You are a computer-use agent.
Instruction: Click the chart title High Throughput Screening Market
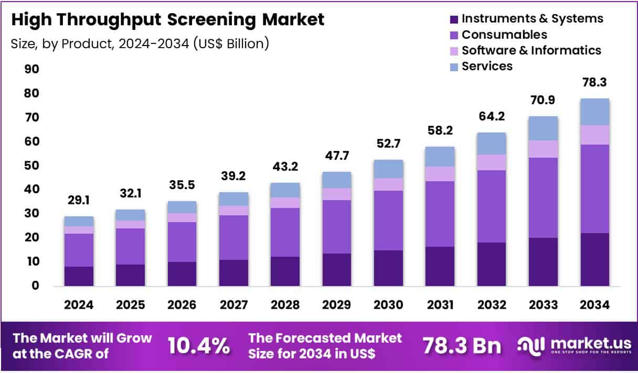(x=168, y=20)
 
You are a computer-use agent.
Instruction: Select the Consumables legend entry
(x=504, y=35)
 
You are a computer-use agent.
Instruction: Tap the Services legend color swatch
(x=454, y=67)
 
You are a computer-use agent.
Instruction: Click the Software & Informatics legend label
(x=531, y=50)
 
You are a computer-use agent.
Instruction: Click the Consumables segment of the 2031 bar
(x=440, y=214)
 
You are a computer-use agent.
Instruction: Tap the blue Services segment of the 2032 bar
(x=491, y=144)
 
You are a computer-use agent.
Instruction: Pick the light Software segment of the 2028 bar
(x=284, y=203)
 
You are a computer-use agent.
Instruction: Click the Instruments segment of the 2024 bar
(x=79, y=276)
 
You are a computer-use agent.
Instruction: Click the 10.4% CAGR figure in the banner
(x=198, y=346)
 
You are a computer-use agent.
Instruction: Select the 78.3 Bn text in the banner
(x=461, y=346)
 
